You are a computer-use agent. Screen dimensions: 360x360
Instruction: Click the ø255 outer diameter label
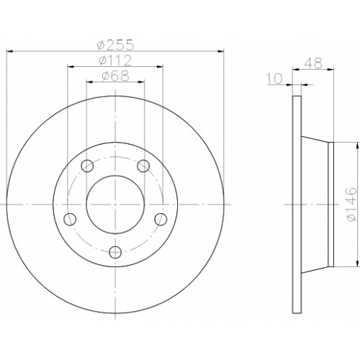[x=115, y=45]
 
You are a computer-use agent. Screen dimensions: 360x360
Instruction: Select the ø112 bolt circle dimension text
[x=115, y=60]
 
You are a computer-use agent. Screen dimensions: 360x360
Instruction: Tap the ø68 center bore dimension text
[x=115, y=76]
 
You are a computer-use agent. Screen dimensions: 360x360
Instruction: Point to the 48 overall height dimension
[x=313, y=63]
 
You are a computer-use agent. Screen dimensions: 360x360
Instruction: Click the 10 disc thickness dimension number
[x=274, y=78]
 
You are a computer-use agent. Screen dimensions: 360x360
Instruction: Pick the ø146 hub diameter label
[x=350, y=204]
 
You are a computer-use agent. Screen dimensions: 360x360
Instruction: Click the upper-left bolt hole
[x=87, y=166]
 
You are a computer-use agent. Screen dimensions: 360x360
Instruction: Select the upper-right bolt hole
[x=143, y=166]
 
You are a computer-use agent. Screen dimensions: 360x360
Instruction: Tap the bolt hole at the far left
[x=70, y=219]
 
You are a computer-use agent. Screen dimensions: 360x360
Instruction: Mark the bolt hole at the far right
[x=161, y=219]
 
